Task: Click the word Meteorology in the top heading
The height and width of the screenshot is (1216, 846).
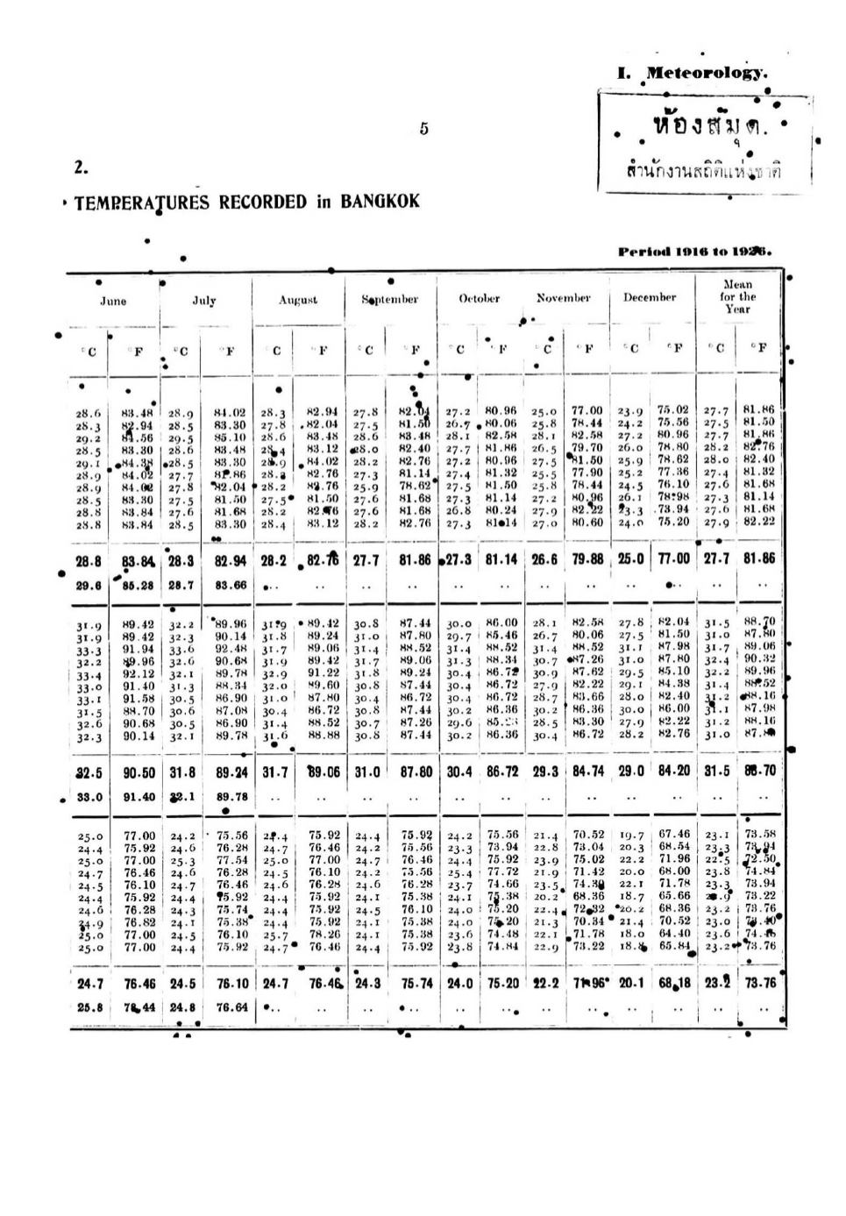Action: (x=706, y=74)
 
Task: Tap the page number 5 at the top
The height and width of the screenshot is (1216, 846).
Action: (x=423, y=129)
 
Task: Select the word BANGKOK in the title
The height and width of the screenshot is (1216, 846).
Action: (x=380, y=202)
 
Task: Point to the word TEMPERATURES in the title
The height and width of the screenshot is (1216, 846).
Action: (x=142, y=203)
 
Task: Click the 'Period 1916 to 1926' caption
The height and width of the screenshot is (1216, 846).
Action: (x=694, y=252)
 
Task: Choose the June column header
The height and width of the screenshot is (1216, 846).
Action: (x=113, y=301)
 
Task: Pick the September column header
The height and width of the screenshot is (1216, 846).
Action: (x=390, y=300)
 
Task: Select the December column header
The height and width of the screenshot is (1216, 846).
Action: (x=649, y=298)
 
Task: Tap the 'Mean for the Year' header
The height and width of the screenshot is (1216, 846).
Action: (x=737, y=296)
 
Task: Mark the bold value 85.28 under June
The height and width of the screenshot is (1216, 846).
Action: (x=138, y=586)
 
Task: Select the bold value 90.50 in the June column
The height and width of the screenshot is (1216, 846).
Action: (x=138, y=773)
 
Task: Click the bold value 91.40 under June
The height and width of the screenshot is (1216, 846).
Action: (x=138, y=798)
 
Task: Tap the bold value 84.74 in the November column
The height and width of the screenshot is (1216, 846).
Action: (x=588, y=772)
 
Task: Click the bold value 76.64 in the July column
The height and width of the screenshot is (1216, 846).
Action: (x=231, y=1008)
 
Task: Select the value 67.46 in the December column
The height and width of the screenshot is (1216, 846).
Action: (x=673, y=835)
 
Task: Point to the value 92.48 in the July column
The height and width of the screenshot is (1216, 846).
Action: (x=231, y=650)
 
